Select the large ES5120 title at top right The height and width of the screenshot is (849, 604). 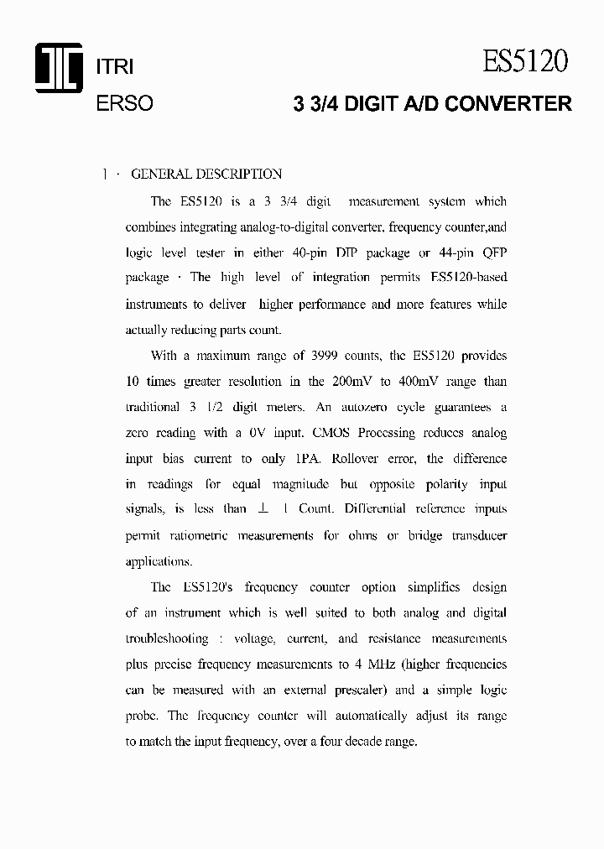pos(526,62)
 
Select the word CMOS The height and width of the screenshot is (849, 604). pos(333,433)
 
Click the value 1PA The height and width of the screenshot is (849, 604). pos(306,459)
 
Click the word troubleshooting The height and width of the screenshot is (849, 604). pos(167,638)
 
